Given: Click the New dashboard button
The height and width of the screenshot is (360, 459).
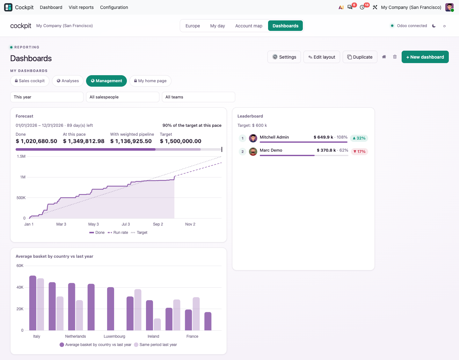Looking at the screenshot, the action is click(425, 57).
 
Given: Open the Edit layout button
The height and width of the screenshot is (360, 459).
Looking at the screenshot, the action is click(322, 57).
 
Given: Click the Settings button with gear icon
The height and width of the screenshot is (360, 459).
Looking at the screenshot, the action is click(284, 57).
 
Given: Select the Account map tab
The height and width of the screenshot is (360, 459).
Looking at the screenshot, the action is click(249, 26).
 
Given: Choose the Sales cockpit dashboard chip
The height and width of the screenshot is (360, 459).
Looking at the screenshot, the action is click(30, 81).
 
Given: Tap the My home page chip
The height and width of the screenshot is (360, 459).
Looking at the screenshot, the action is click(150, 81).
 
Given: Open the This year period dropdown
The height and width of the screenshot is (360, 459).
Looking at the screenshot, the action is click(47, 97).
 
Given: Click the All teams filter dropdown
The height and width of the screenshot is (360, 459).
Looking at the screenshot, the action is click(198, 97).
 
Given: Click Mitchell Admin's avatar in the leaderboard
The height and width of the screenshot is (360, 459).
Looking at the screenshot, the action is click(253, 138).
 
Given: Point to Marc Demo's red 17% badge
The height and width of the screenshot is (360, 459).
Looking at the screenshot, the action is click(360, 152).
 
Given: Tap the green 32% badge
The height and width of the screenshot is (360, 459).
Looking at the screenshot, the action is click(359, 138).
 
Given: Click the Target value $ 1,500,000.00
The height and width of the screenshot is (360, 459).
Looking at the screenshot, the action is click(181, 141).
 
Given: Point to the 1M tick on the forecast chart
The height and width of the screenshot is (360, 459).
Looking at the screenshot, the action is click(23, 177).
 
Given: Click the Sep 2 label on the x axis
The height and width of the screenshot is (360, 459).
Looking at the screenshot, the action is click(158, 224).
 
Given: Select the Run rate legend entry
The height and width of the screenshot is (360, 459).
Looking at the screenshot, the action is click(118, 233).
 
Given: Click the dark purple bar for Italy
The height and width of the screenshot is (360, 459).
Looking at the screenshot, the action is click(33, 303).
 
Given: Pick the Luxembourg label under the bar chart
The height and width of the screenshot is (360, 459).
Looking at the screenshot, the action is click(114, 336).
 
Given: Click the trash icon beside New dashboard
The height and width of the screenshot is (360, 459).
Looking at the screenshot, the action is click(395, 57).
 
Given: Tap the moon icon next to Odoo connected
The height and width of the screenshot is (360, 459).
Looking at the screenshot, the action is click(434, 26).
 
